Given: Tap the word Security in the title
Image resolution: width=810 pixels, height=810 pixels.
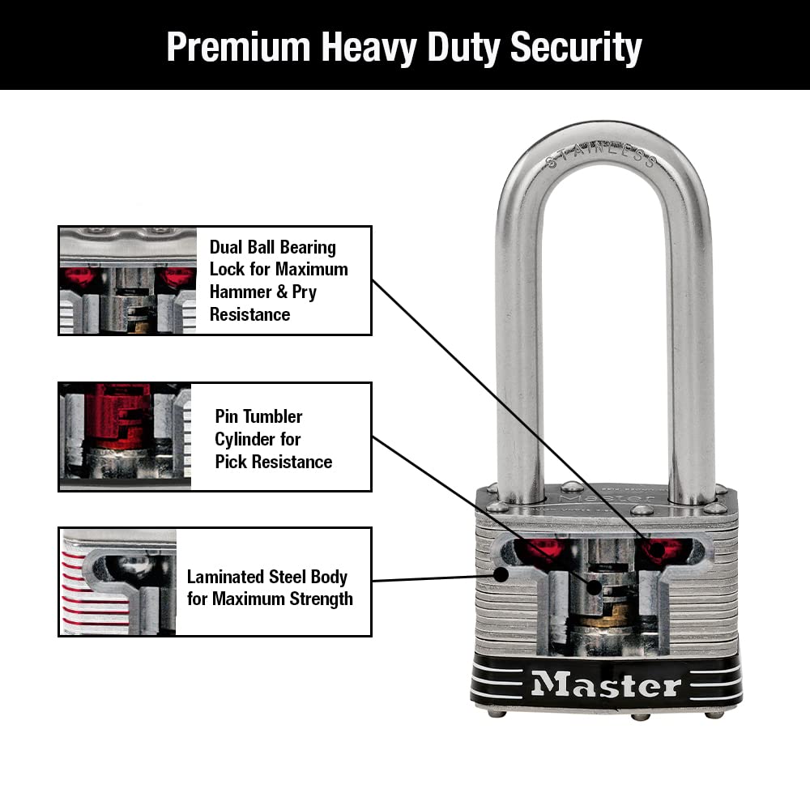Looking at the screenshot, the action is point(576,48).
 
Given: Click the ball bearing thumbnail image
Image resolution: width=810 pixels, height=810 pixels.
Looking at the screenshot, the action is point(127,280).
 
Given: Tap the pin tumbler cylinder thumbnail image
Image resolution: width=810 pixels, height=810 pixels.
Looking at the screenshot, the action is point(126,437).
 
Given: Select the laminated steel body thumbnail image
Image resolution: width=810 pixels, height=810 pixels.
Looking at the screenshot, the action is point(119,582).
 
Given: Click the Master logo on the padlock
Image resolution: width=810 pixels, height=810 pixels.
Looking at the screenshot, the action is point(606,685).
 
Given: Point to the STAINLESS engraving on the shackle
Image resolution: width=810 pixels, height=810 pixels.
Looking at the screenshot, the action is point(600,155).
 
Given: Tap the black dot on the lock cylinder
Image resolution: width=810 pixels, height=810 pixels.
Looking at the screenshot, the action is point(593,587).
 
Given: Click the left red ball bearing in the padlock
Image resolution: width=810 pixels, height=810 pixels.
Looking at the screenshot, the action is point(543,551).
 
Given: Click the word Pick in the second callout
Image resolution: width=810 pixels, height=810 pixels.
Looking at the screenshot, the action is point(232,462).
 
